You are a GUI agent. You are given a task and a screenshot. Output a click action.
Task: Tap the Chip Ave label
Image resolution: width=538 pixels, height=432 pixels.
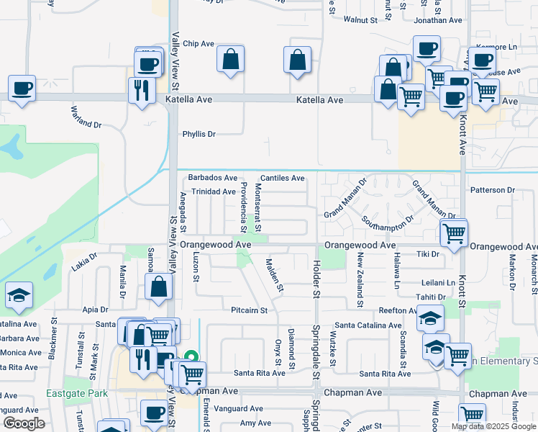click(x=199, y=44)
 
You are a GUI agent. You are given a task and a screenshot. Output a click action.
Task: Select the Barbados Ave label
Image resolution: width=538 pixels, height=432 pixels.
click(x=212, y=178)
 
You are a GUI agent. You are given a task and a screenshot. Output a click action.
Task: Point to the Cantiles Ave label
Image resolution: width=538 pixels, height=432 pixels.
click(x=282, y=178)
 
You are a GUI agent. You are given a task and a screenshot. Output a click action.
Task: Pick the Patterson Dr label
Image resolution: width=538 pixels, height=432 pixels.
click(x=493, y=190)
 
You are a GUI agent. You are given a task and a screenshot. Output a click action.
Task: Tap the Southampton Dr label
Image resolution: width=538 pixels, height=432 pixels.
click(x=388, y=220)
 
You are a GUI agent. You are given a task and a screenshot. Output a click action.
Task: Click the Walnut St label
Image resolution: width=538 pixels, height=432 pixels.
click(x=360, y=20)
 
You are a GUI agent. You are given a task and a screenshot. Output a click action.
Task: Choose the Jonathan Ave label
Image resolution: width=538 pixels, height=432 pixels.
click(x=437, y=20)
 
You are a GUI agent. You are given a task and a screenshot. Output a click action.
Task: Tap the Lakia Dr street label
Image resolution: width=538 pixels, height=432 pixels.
click(x=84, y=266)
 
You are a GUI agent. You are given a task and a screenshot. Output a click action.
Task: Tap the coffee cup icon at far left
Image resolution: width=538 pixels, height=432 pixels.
click(x=22, y=89)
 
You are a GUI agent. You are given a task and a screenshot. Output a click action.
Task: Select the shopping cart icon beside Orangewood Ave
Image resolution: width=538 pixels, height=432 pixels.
click(x=454, y=233)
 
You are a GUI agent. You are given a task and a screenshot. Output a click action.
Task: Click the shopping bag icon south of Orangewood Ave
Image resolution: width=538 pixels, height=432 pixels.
click(x=159, y=288)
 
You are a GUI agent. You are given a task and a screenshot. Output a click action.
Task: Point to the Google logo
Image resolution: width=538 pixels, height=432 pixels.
click(x=24, y=423)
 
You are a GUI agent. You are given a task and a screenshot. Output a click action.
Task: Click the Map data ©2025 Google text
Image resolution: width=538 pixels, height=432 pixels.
click(x=493, y=426)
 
